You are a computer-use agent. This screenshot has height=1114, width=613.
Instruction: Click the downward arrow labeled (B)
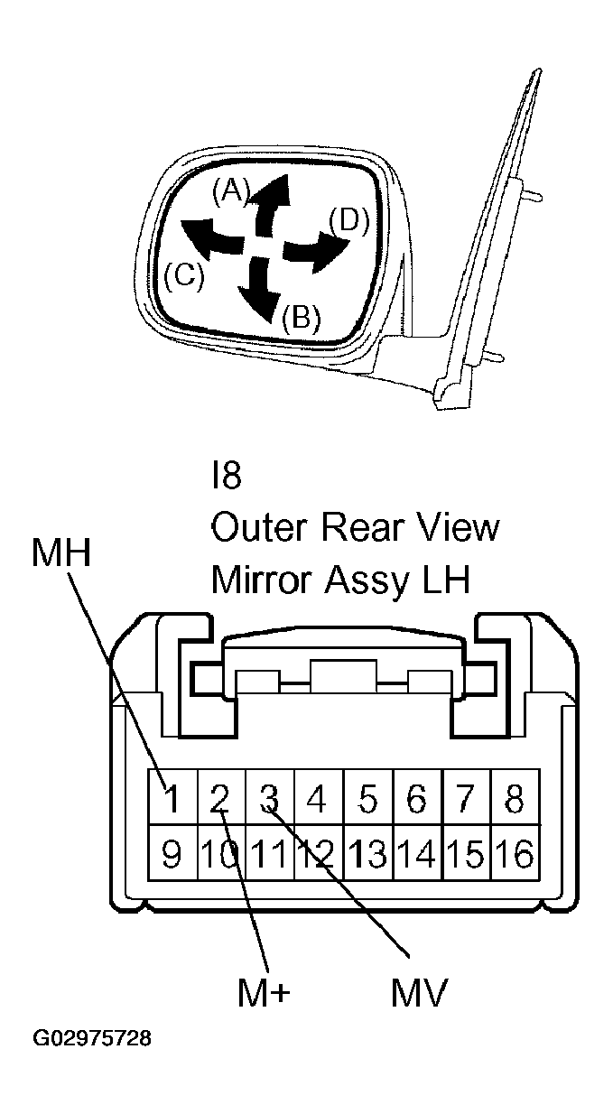tap(258, 289)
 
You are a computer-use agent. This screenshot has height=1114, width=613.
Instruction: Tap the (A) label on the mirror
tap(231, 192)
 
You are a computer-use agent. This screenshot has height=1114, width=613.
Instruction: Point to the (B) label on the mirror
tap(302, 317)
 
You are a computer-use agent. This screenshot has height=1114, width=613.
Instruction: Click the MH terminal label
tap(61, 552)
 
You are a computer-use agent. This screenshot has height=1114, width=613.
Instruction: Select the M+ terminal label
tap(264, 993)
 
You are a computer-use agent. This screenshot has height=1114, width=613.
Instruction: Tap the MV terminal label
tap(419, 993)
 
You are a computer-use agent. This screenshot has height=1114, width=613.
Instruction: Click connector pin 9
tap(172, 852)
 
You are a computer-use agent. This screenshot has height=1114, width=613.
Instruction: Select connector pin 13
tap(368, 852)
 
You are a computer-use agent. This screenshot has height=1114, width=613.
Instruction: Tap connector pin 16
tap(515, 852)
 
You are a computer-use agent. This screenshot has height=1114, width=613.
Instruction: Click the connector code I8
tap(227, 476)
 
